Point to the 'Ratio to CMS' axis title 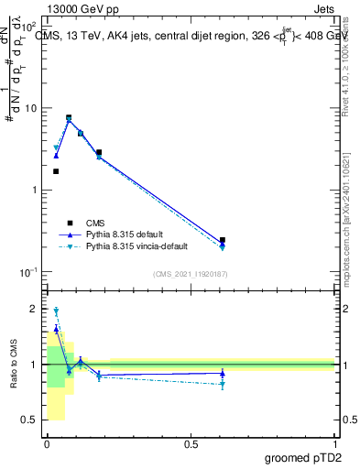pos(14,365)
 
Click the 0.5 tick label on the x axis pos(191,443)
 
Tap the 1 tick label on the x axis pos(334,443)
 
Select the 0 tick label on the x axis pos(47,443)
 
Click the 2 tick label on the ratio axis pos(33,309)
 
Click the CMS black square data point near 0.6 pos(223,240)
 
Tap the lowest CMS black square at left pos(56,171)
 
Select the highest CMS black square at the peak pos(69,117)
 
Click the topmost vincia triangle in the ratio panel pos(56,311)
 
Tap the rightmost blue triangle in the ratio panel pos(223,374)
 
